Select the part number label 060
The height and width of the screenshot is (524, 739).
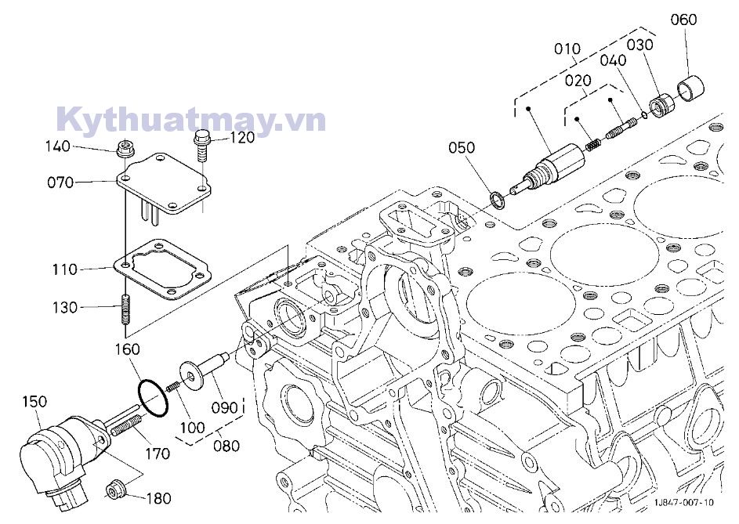coord(683,20)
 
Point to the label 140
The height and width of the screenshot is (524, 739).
coord(79,146)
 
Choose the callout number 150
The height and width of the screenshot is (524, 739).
coord(34,402)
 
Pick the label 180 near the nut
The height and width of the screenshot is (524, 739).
coord(159,498)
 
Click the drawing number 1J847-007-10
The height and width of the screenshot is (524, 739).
coord(685,503)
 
